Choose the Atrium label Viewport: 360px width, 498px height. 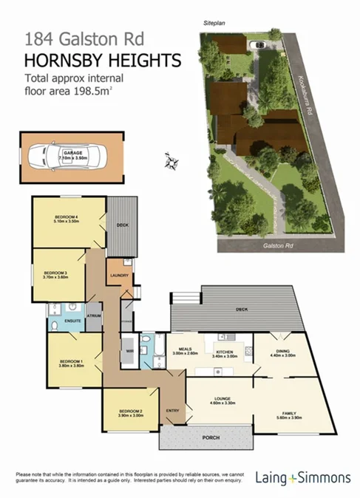point(94,315)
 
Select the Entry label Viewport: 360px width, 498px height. point(172,410)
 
